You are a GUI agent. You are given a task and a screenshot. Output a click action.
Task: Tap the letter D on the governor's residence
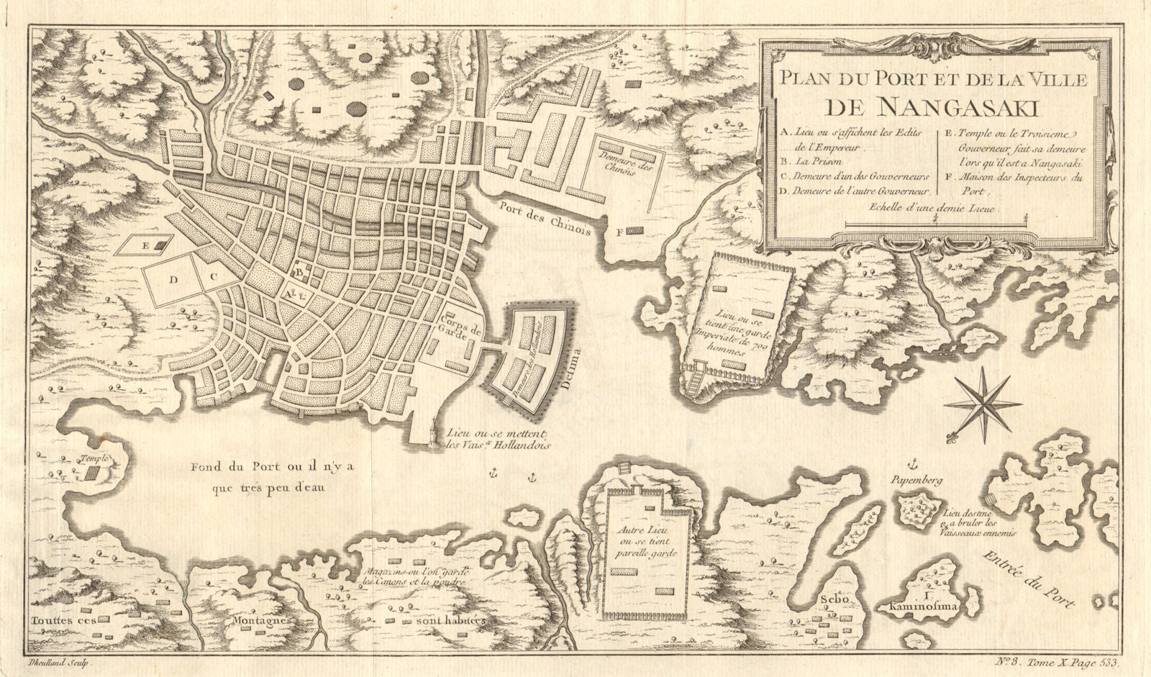pyautogui.click(x=173, y=281)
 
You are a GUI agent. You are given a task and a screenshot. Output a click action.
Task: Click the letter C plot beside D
pyautogui.click(x=214, y=274)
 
